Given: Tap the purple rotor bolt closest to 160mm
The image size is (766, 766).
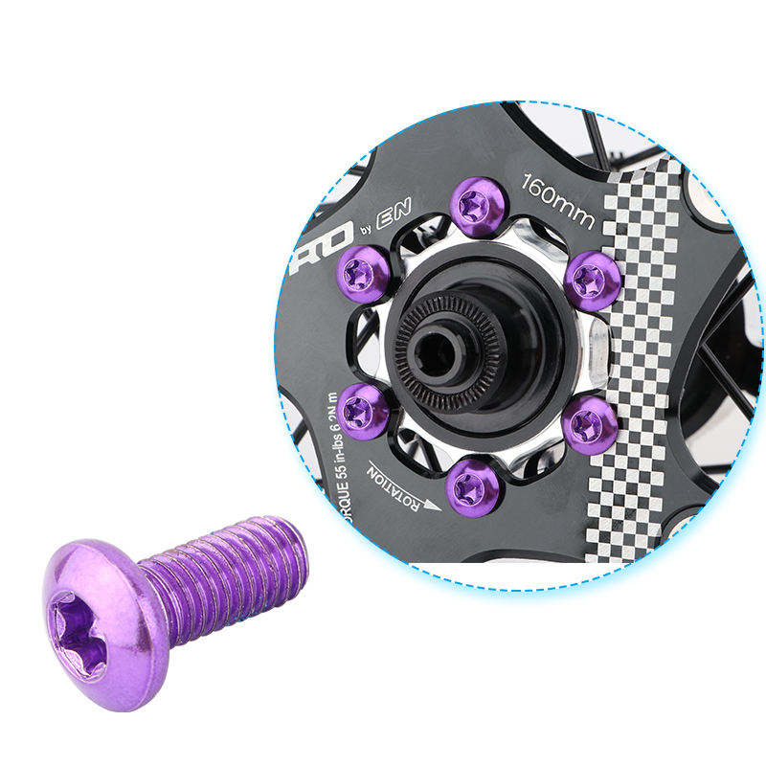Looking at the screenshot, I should pos(477,206).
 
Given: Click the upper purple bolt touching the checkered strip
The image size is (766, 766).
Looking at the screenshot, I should pos(591,280).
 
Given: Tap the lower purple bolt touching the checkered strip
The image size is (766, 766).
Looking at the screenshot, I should pos(589,424).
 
